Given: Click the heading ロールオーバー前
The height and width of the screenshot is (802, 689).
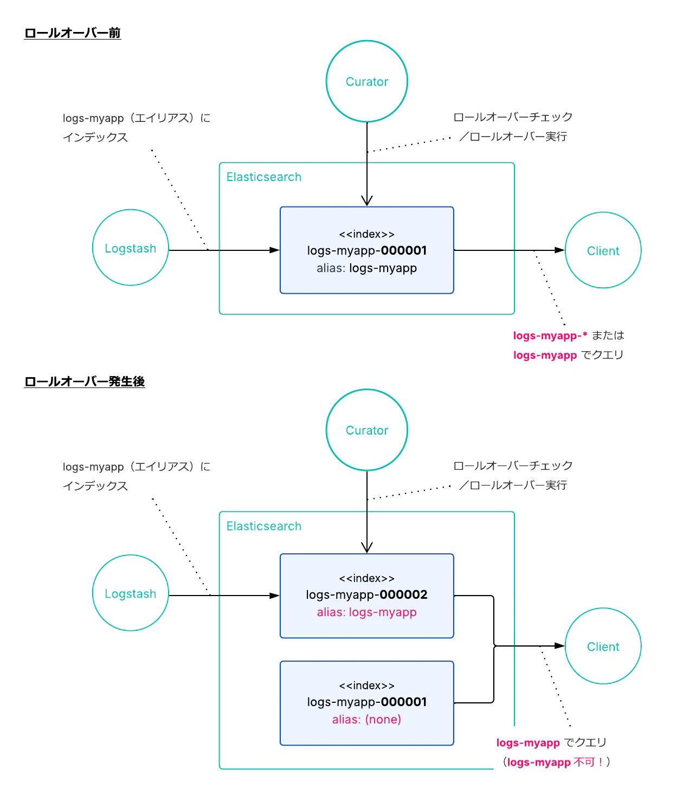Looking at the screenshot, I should click(72, 33).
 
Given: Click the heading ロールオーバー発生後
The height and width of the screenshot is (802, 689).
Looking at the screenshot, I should click(85, 381).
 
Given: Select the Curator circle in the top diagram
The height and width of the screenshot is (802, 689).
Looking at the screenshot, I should click(366, 81).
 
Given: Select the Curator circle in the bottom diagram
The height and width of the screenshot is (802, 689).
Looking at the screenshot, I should click(366, 430).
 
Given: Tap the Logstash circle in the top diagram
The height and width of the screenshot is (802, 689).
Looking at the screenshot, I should click(130, 248).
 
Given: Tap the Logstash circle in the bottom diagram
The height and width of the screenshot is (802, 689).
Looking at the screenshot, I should click(130, 593).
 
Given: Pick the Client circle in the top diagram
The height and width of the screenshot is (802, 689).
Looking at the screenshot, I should click(603, 250).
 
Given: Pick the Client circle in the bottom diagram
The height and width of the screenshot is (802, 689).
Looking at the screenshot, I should click(603, 646).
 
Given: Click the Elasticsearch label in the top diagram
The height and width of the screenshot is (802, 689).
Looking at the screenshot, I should click(263, 177).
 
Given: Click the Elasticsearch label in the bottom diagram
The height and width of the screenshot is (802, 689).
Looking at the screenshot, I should click(263, 526).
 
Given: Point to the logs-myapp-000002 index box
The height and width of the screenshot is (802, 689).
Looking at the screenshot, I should click(366, 595).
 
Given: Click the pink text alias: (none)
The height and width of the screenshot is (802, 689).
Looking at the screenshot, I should click(366, 720).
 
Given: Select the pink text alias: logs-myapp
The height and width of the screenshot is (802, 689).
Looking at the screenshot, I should click(366, 612).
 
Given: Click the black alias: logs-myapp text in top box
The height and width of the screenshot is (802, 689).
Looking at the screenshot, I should click(366, 268).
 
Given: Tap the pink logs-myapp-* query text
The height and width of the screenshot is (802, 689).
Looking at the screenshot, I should click(550, 336).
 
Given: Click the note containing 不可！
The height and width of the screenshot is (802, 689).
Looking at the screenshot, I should click(557, 762).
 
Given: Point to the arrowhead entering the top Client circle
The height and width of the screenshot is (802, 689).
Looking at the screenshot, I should click(559, 250).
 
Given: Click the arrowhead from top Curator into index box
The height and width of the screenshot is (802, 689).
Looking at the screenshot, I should click(367, 200).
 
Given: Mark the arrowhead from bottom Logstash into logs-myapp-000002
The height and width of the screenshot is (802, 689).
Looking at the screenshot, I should click(274, 596).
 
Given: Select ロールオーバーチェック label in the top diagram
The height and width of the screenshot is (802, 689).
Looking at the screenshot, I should click(513, 117).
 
